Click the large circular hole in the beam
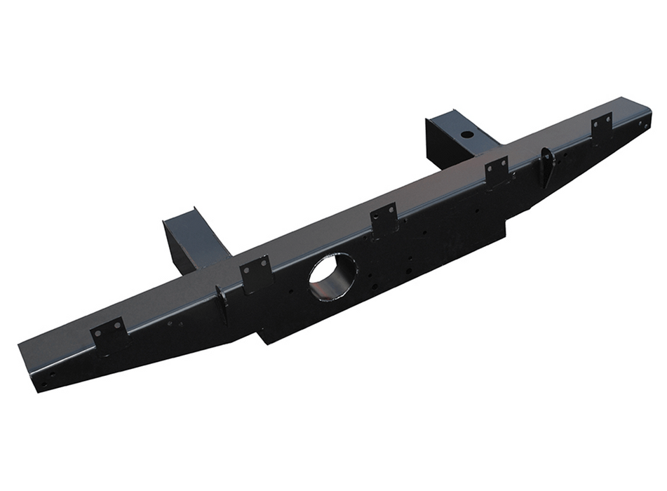click(x=332, y=275)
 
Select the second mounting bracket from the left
click(x=255, y=272)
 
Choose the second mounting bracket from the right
click(x=497, y=170)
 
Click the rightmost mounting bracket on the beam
click(x=601, y=126)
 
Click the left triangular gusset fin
click(x=222, y=304)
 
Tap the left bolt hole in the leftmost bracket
click(x=99, y=333)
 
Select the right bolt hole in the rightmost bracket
click(x=607, y=119)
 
